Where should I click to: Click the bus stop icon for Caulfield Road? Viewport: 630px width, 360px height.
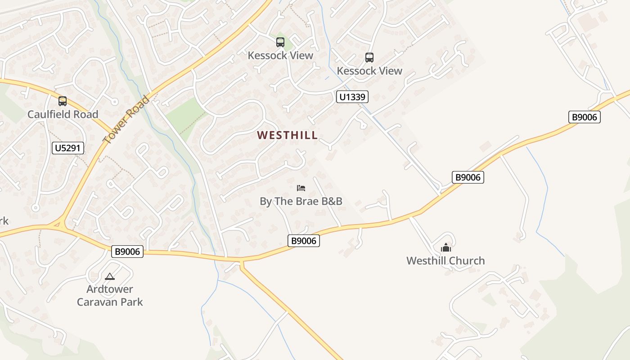tap(63, 101)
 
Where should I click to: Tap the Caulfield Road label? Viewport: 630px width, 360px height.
tap(63, 114)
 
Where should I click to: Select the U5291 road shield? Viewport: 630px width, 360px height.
tap(68, 148)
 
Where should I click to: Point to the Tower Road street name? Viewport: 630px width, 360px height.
tap(126, 119)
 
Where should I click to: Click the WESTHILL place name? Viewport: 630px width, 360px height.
tap(287, 135)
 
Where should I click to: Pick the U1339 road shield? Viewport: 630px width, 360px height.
tap(352, 97)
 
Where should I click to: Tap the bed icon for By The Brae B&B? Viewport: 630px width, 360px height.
tap(301, 188)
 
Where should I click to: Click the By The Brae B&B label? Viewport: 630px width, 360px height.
tap(301, 201)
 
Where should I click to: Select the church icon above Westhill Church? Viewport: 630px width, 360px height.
tap(445, 247)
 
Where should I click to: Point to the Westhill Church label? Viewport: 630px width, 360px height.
tap(445, 261)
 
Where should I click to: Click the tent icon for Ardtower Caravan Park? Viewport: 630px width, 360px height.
tap(110, 276)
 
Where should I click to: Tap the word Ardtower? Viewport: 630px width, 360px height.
tap(110, 289)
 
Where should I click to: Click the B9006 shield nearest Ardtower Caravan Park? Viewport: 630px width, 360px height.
tap(127, 252)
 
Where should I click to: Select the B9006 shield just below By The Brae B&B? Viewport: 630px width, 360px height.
tap(304, 241)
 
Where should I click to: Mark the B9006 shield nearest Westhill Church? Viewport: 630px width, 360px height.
tap(468, 177)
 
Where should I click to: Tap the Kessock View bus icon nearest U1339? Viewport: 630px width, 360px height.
tap(369, 58)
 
